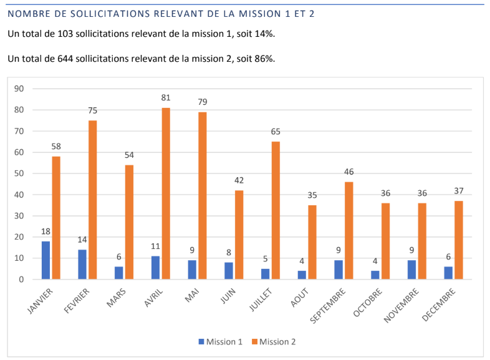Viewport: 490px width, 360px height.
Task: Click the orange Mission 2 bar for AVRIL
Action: click(166, 193)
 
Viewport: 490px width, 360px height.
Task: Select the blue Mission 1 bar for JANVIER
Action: click(46, 260)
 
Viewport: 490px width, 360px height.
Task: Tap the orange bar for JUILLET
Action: click(276, 210)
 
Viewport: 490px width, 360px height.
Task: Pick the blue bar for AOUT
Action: click(302, 275)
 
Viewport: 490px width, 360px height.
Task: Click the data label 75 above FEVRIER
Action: click(92, 110)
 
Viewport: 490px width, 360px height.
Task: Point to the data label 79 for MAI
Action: click(202, 102)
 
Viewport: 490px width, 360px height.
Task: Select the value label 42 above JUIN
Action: click(239, 180)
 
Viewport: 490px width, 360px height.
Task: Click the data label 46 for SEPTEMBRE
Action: click(348, 172)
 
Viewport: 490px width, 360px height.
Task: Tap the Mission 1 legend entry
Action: click(220, 341)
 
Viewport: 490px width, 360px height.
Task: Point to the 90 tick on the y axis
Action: click(19, 89)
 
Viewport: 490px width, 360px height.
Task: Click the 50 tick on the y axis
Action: click(19, 173)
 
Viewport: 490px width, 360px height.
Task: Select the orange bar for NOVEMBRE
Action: click(421, 241)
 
